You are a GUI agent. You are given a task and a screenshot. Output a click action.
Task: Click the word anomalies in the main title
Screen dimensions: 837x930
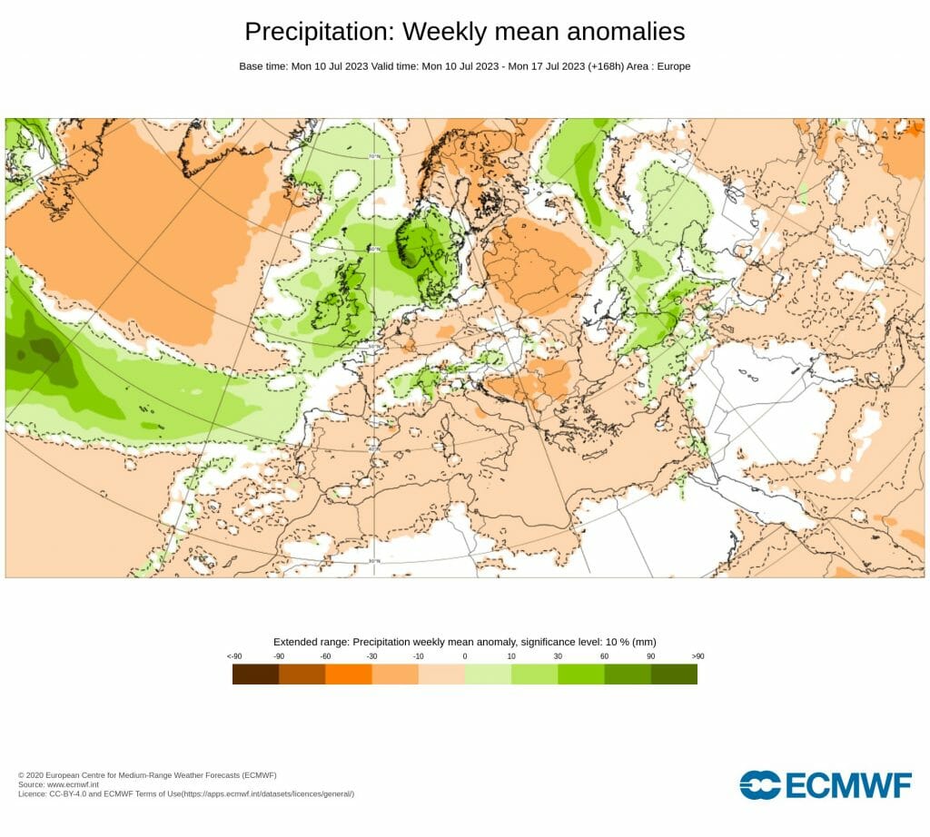[626, 32]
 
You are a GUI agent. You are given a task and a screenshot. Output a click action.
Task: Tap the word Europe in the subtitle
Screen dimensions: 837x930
[672, 66]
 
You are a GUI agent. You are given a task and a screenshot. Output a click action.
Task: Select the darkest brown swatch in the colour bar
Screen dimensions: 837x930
[255, 674]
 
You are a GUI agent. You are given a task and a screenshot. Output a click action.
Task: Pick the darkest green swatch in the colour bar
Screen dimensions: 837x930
[674, 674]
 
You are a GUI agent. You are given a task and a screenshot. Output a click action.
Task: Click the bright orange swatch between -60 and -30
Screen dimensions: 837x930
[349, 674]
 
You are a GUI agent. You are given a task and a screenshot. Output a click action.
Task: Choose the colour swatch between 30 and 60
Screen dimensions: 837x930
[581, 674]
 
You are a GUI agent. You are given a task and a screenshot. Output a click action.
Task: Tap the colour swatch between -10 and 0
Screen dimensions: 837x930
[441, 674]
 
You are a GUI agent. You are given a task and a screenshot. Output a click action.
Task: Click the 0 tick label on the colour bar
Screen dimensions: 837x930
[465, 656]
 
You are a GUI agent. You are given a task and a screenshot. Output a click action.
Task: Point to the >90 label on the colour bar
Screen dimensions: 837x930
[697, 656]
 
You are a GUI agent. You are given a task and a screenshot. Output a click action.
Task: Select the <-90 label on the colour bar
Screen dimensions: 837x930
[233, 656]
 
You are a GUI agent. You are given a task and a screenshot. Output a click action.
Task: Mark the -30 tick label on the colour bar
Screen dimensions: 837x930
[371, 656]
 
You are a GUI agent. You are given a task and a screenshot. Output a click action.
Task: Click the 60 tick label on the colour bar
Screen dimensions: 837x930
[604, 656]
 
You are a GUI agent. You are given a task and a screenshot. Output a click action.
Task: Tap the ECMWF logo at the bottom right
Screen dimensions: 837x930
[826, 785]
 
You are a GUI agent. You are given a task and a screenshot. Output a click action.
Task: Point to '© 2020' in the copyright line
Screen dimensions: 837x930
[33, 775]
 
